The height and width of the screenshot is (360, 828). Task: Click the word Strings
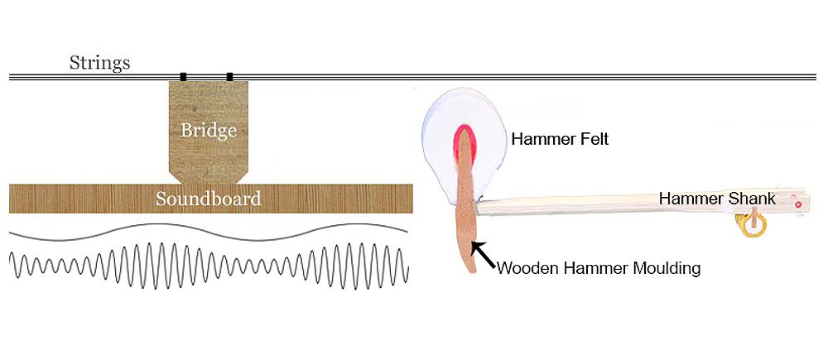pyautogui.click(x=99, y=62)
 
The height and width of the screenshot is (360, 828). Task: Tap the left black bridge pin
pyautogui.click(x=183, y=77)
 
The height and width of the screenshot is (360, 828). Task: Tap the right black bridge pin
pyautogui.click(x=229, y=77)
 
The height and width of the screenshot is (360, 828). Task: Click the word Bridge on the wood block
pyautogui.click(x=209, y=131)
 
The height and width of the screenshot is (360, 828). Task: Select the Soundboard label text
pyautogui.click(x=209, y=199)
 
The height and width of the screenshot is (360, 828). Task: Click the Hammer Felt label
pyautogui.click(x=560, y=139)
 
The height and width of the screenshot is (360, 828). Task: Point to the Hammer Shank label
pyautogui.click(x=717, y=199)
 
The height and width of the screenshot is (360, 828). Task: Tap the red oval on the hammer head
pyautogui.click(x=462, y=143)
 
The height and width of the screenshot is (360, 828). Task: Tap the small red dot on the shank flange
pyautogui.click(x=797, y=202)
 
